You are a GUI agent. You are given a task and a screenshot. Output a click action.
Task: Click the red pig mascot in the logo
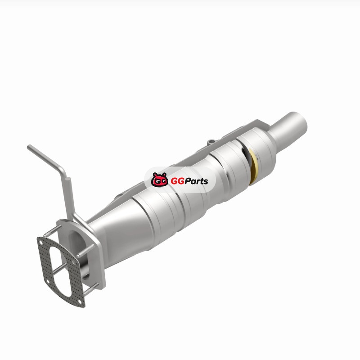(x=159, y=180)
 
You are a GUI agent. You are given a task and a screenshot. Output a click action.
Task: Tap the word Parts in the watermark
(x=196, y=181)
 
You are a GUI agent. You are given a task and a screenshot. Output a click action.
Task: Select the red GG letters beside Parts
(x=177, y=181)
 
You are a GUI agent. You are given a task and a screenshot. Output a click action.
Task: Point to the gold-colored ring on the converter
(x=253, y=166)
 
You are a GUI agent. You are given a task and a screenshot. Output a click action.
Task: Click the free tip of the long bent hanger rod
(x=29, y=147)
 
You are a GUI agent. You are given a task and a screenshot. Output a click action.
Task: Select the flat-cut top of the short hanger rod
(x=68, y=179)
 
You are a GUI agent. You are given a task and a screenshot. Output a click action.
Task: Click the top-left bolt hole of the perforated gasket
(x=41, y=242)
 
